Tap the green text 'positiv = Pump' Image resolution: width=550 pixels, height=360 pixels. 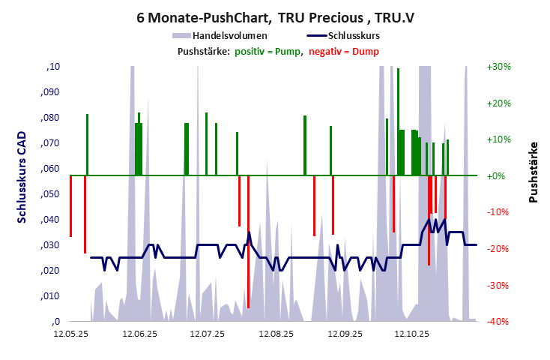268,51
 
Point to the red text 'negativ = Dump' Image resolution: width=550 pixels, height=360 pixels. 343,51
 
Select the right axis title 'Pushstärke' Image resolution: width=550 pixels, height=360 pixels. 534,172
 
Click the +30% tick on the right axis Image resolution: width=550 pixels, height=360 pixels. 498,67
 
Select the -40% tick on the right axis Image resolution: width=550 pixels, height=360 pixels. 498,322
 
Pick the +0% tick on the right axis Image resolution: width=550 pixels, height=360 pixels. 498,176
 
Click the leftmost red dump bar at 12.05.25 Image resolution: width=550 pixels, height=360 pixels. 70,206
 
